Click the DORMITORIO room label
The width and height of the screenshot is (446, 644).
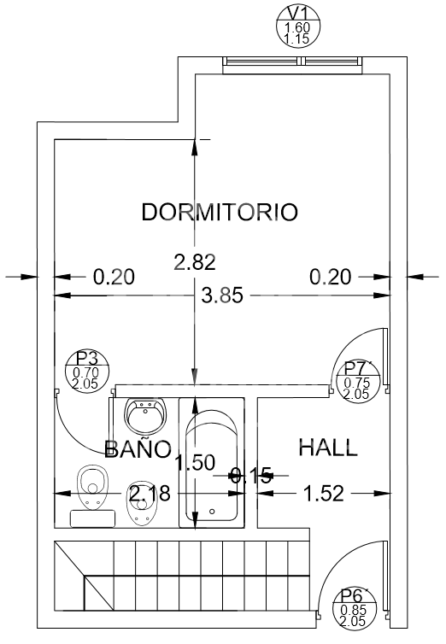coord(220,212)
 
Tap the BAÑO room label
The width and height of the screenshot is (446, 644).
coord(138,448)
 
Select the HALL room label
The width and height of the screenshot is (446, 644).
coord(328,448)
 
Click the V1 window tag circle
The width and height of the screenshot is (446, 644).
coord(298,26)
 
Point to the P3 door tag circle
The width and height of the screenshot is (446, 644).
coord(87,371)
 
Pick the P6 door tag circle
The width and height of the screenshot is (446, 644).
coord(354,608)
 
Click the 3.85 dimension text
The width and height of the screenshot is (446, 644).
coord(222,296)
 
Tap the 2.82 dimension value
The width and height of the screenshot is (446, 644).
coord(195,262)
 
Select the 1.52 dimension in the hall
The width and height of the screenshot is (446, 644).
coord(323,494)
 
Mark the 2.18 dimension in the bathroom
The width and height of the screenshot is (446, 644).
coord(150,493)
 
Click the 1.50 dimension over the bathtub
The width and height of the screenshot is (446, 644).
coord(195,462)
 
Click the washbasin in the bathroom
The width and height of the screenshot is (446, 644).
coord(145,416)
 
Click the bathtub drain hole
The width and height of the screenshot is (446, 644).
coord(212,512)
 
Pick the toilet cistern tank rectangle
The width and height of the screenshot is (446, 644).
coord(92,518)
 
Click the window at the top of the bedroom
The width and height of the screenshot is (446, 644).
coord(293,61)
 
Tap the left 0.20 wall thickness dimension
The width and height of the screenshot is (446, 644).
coord(114,277)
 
